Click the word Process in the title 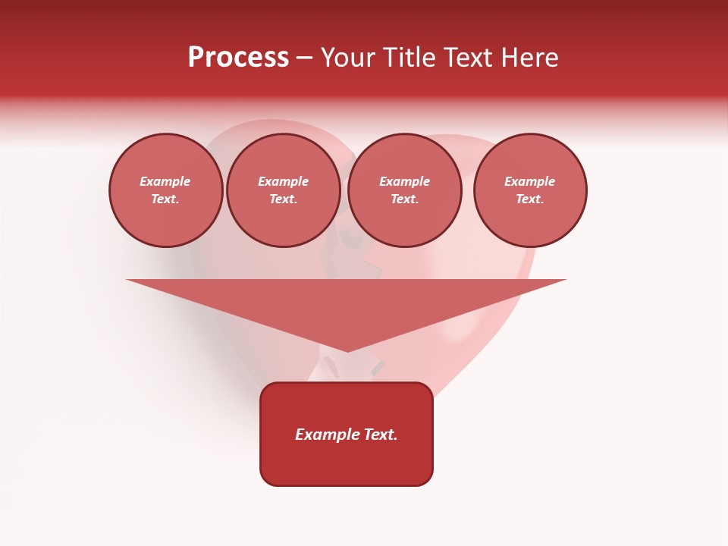click(x=238, y=58)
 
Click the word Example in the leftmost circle click(x=165, y=181)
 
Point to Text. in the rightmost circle click(x=529, y=199)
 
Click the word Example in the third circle click(x=404, y=181)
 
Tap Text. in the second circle click(x=284, y=199)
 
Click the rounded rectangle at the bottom click(x=347, y=463)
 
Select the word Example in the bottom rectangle click(x=326, y=435)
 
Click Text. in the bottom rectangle click(x=380, y=435)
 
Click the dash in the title click(x=304, y=58)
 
